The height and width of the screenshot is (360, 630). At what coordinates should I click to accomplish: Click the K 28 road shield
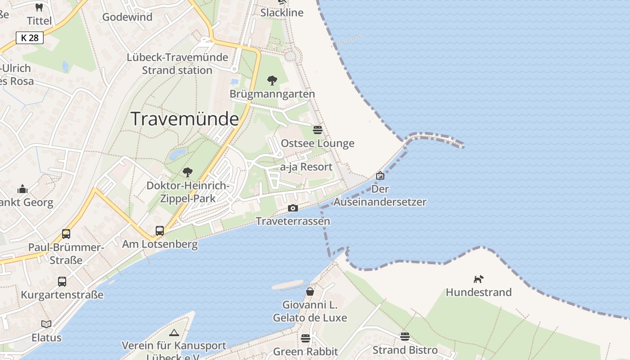(x=30, y=38)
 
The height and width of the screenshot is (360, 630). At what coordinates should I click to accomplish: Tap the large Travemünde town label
(x=184, y=119)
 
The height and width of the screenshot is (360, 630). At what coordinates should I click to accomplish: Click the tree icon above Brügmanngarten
(x=272, y=81)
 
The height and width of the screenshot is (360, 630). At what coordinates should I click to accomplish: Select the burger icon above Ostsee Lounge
(x=318, y=130)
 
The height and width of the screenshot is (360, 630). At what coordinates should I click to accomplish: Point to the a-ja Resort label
(x=306, y=167)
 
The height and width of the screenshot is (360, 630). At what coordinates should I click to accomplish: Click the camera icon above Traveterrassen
(x=293, y=208)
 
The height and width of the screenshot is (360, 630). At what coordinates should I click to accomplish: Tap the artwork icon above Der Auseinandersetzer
(x=380, y=175)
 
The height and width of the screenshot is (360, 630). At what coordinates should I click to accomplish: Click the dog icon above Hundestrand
(x=478, y=279)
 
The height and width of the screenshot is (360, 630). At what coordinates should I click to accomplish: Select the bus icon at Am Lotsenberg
(x=160, y=231)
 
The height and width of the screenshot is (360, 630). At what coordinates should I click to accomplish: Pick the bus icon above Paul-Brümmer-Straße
(x=66, y=234)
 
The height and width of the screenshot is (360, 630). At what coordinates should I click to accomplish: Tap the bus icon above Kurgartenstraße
(x=62, y=282)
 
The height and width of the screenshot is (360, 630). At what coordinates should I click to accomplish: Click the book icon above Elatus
(x=46, y=324)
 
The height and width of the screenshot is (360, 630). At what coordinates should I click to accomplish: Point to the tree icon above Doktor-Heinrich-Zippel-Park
(x=188, y=172)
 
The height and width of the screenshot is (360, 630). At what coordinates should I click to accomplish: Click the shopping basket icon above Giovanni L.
(x=310, y=292)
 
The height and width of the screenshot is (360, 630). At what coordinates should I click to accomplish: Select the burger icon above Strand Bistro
(x=405, y=337)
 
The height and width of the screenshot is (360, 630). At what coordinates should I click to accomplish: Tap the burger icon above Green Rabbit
(x=306, y=338)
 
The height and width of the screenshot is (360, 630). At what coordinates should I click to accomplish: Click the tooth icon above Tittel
(x=39, y=8)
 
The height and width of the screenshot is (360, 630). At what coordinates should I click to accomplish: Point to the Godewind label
(x=127, y=17)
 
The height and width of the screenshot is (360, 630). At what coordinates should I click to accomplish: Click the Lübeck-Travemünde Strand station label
(x=177, y=64)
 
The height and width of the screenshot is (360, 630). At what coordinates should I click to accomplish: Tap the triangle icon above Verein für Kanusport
(x=174, y=333)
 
